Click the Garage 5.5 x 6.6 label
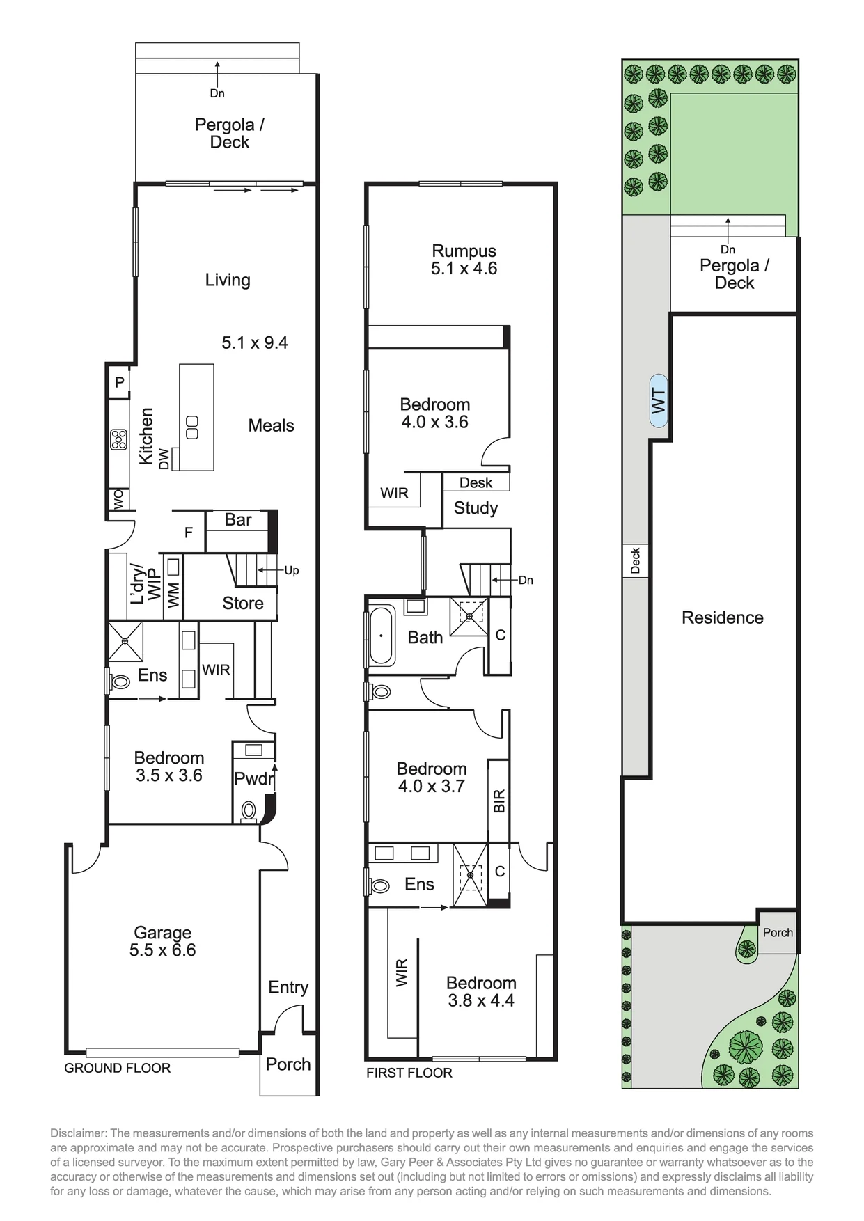click(162, 941)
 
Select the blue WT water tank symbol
click(659, 401)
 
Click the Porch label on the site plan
click(778, 933)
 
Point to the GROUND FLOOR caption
click(117, 1068)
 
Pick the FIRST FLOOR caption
click(409, 1073)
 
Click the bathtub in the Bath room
click(381, 636)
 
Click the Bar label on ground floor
click(238, 519)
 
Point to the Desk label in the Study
click(476, 482)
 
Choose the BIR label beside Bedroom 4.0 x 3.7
click(498, 801)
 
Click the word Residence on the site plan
click(722, 617)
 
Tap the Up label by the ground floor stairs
click(292, 571)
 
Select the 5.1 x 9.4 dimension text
click(255, 342)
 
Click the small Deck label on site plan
click(635, 560)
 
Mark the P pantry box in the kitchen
click(120, 382)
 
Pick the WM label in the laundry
click(173, 594)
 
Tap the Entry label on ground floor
click(288, 987)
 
